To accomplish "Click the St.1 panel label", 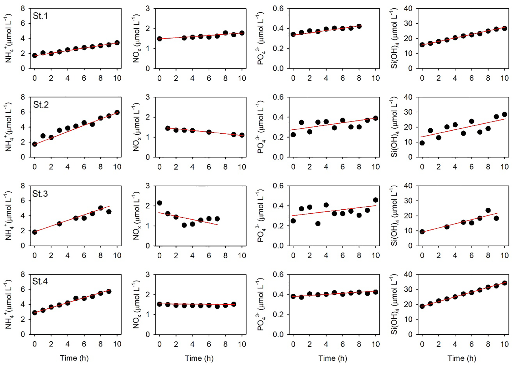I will tap(40, 16).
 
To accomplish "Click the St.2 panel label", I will tap(41, 105).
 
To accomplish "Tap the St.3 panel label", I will tap(40, 194).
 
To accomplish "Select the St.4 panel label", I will tap(40, 281).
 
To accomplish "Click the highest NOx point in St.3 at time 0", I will tap(159, 203).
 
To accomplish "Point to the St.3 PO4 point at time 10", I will tap(375, 200).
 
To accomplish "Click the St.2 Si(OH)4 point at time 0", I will tap(422, 143).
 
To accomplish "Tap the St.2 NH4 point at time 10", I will tap(117, 112).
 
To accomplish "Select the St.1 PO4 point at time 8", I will tap(359, 26).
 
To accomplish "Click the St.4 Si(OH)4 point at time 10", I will tap(504, 283).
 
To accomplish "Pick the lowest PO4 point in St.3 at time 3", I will tap(318, 224).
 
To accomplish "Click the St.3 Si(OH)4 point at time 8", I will tap(488, 210).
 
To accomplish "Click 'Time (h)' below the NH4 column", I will tap(74, 358).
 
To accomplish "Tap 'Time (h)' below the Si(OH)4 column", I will tap(462, 358).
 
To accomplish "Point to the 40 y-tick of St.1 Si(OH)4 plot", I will tap(408, 9).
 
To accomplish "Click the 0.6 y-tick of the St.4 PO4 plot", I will tap(278, 275).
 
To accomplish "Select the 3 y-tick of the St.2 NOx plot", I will tap(148, 97).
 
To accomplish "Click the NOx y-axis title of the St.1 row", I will tap(136, 38).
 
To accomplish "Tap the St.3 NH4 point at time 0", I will tap(35, 232).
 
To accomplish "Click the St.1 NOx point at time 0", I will tap(159, 39).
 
